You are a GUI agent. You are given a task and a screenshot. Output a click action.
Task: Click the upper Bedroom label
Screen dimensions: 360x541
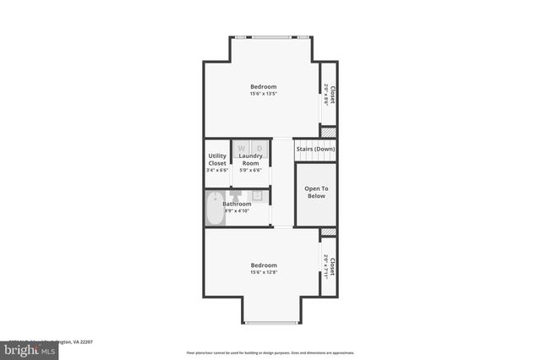263,86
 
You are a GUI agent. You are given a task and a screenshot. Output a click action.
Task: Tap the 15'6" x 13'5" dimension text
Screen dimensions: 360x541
263,94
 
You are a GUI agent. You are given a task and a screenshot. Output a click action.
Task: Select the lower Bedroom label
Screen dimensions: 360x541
263,265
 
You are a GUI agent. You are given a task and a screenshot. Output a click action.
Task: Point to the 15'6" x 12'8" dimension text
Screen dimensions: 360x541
263,273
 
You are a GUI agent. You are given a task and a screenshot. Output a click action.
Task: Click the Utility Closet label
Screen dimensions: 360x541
217,159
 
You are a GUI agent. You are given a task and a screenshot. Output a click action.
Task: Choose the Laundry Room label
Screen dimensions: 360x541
251,159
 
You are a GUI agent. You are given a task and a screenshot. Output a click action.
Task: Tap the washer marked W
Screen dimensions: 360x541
241,149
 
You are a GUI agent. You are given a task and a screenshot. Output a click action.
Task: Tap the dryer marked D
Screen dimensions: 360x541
260,149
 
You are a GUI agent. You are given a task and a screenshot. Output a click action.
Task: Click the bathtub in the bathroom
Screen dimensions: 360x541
214,209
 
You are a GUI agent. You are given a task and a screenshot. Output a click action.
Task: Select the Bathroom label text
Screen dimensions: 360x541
237,204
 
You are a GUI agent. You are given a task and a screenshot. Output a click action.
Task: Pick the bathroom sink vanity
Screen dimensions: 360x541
260,196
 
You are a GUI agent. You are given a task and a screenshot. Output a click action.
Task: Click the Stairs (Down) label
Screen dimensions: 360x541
315,150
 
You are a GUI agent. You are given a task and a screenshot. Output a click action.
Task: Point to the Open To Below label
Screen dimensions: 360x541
315,191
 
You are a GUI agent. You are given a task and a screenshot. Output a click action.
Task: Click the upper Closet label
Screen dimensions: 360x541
333,94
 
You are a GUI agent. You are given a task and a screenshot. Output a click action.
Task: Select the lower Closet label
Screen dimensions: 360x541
333,266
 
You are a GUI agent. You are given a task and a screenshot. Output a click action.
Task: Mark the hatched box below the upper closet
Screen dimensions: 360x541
328,132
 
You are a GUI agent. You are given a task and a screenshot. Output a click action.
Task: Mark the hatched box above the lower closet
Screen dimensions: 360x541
328,231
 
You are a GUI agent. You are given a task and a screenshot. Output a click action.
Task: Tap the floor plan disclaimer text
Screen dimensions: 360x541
270,353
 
